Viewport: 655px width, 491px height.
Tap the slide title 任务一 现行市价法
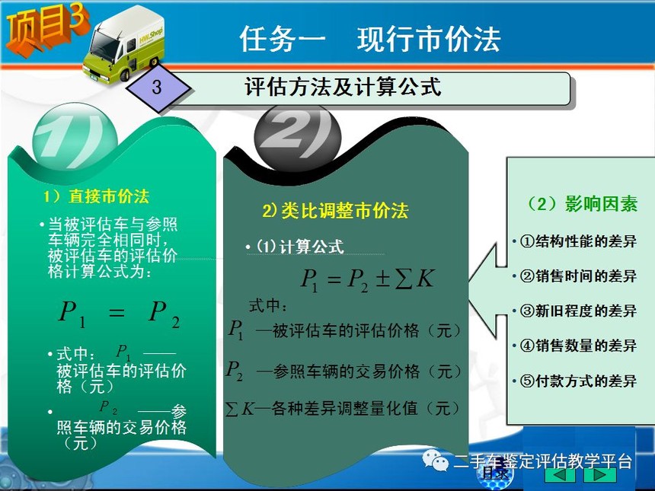370,40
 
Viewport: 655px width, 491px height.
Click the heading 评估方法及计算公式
343,87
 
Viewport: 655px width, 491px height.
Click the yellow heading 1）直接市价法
97,196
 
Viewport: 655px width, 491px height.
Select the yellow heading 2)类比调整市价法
335,210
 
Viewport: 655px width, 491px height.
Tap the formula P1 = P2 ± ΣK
368,279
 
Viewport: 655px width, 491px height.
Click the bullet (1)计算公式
296,247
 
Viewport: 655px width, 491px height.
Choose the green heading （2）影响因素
581,204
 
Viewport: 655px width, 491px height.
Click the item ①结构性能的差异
575,241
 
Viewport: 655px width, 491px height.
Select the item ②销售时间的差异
575,276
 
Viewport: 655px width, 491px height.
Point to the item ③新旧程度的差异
575,311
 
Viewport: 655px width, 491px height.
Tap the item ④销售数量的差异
575,346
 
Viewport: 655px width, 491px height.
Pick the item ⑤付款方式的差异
575,381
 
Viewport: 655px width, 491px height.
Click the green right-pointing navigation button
600,474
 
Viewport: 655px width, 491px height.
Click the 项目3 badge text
46,28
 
